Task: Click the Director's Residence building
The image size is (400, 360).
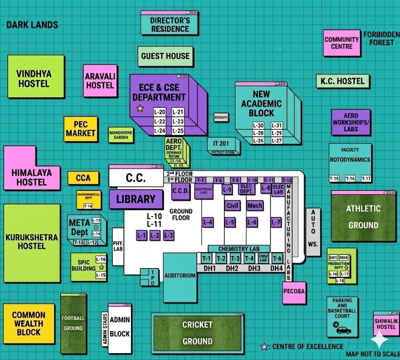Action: [x=170, y=25]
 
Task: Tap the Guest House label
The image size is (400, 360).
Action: [x=166, y=56]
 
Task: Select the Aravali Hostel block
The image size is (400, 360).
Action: [x=100, y=81]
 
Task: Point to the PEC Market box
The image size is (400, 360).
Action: [x=81, y=129]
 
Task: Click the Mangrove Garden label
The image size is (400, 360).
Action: [x=121, y=135]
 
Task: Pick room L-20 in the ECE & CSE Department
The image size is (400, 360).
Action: [x=160, y=112]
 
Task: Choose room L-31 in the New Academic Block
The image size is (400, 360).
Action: [x=276, y=125]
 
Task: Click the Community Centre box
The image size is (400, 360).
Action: [x=342, y=43]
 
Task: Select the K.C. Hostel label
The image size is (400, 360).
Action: [x=342, y=81]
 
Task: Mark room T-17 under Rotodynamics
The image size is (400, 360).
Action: [x=366, y=179]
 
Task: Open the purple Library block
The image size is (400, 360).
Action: [x=136, y=199]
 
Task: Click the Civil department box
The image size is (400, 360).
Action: [x=232, y=205]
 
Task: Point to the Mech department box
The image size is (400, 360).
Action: [x=255, y=205]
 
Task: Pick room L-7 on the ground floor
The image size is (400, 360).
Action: [x=276, y=222]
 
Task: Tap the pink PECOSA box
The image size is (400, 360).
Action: [x=294, y=291]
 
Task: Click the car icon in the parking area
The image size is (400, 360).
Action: [x=343, y=330]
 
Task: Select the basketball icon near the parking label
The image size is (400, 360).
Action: [x=336, y=325]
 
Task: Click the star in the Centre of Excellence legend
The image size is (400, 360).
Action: [x=264, y=347]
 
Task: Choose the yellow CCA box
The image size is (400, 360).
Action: [x=83, y=178]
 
